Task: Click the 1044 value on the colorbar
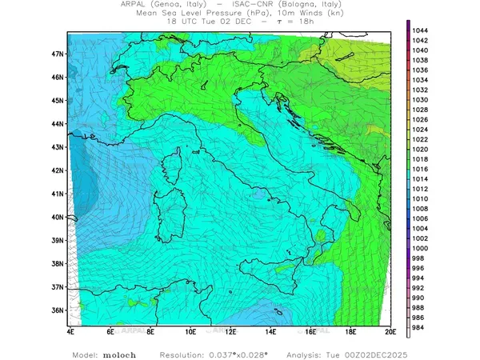pyautogui.click(x=421, y=30)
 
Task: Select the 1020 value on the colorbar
pyautogui.click(x=421, y=149)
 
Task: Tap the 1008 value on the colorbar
pyautogui.click(x=421, y=208)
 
